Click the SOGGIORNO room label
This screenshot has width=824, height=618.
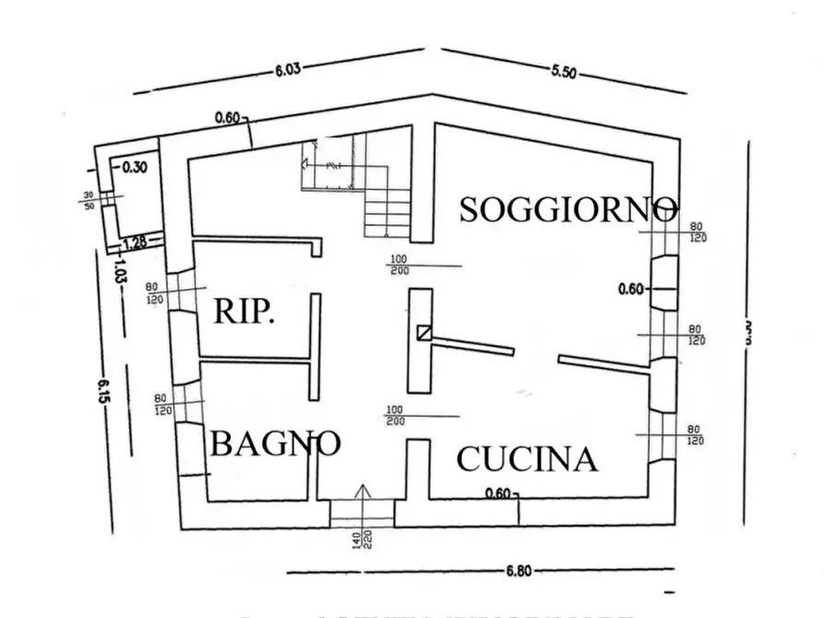click(x=568, y=208)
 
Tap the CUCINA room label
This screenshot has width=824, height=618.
click(x=527, y=458)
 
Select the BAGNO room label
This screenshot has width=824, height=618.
click(x=275, y=444)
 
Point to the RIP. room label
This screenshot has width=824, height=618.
click(x=244, y=312)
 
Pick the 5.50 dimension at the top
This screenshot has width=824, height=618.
click(x=564, y=74)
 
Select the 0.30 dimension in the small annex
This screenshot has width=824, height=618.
click(x=134, y=167)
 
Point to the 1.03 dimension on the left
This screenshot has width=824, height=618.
click(x=120, y=272)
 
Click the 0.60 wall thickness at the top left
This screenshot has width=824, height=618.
click(x=227, y=117)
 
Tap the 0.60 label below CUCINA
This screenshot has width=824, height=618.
click(x=496, y=493)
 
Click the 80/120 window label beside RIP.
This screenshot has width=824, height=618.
click(x=153, y=293)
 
